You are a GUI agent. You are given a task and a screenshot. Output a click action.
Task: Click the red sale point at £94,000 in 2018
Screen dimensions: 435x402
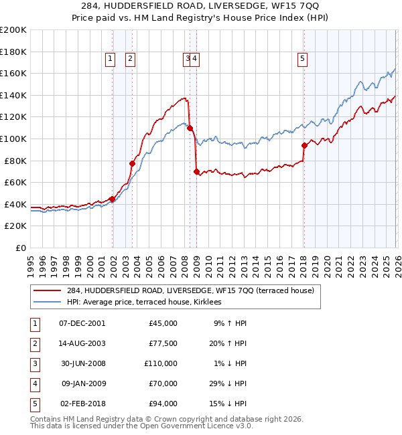(x=304, y=145)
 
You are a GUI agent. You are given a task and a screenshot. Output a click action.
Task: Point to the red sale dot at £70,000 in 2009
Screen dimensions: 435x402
(x=196, y=172)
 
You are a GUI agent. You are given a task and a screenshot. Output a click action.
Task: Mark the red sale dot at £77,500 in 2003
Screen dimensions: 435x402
(x=132, y=163)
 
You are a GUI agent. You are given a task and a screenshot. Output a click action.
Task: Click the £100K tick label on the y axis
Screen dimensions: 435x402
(x=13, y=139)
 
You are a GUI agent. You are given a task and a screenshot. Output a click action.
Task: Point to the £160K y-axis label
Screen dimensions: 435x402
(x=13, y=73)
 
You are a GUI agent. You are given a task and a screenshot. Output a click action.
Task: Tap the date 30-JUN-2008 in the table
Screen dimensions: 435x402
(x=83, y=363)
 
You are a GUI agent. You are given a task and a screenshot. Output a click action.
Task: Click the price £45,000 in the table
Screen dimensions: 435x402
(x=163, y=323)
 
